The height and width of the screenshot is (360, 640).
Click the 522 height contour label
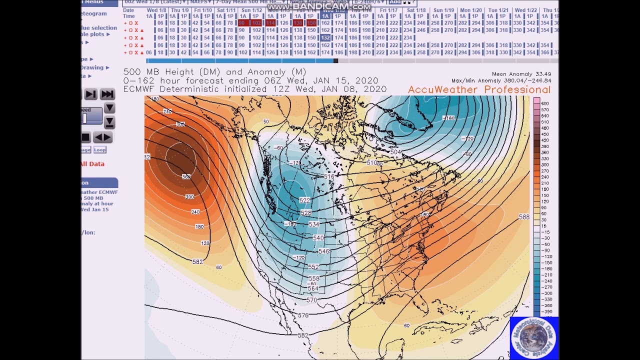(x=304, y=200)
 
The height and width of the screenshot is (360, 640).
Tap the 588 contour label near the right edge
(x=524, y=217)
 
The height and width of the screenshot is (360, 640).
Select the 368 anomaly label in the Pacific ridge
(x=186, y=177)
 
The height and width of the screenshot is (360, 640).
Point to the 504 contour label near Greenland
(x=395, y=152)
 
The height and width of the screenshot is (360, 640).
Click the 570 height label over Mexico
(x=311, y=300)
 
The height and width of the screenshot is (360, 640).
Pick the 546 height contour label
(x=324, y=251)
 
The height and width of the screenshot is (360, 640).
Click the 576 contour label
(x=303, y=315)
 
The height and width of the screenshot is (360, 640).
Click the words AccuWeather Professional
(x=479, y=90)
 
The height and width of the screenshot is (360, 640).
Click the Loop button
(x=99, y=149)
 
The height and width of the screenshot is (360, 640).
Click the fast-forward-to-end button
(x=107, y=94)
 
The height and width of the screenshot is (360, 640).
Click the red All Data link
(x=92, y=164)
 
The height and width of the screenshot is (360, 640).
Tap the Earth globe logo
(x=533, y=338)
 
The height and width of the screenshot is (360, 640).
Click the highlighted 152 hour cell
(x=325, y=37)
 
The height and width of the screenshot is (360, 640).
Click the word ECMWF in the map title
(x=139, y=89)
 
